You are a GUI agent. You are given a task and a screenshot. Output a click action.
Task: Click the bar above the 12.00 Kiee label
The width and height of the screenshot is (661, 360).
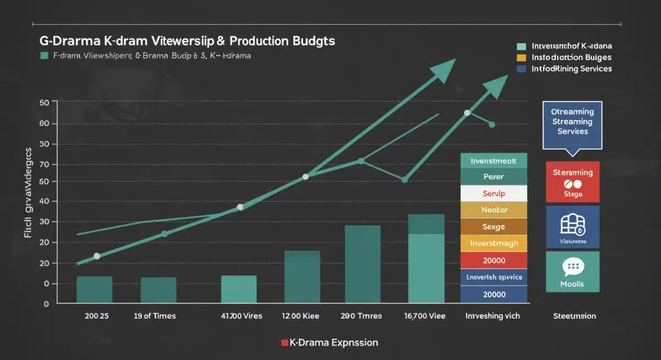point(302,277)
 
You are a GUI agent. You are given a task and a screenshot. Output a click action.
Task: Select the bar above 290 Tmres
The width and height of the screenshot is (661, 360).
point(362,264)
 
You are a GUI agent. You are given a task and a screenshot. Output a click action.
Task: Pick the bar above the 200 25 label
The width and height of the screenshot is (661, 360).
point(94,290)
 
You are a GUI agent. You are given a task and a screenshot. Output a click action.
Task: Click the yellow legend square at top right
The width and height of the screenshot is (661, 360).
point(521,57)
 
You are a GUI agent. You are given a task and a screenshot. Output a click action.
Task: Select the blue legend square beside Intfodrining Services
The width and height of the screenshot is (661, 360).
point(521,69)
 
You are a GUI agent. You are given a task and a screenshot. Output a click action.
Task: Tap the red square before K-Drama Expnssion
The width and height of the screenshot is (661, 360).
point(284,342)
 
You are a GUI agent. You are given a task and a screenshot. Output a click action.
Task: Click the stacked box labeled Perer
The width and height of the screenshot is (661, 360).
point(494,177)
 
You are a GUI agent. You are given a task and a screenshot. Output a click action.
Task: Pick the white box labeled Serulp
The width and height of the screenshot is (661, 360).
point(494,194)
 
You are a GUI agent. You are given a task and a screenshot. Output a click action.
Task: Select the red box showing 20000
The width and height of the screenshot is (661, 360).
point(494,260)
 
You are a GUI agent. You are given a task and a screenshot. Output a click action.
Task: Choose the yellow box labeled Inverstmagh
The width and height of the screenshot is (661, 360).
point(494,243)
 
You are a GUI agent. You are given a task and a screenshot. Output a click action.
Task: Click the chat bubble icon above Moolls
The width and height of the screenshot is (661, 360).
point(572,268)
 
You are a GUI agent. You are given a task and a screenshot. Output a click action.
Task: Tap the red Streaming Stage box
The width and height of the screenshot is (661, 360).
point(572,182)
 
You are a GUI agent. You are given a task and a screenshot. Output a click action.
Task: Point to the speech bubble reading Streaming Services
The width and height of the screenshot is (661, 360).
point(572,122)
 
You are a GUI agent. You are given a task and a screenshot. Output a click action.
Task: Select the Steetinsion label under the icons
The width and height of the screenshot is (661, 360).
point(574,316)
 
